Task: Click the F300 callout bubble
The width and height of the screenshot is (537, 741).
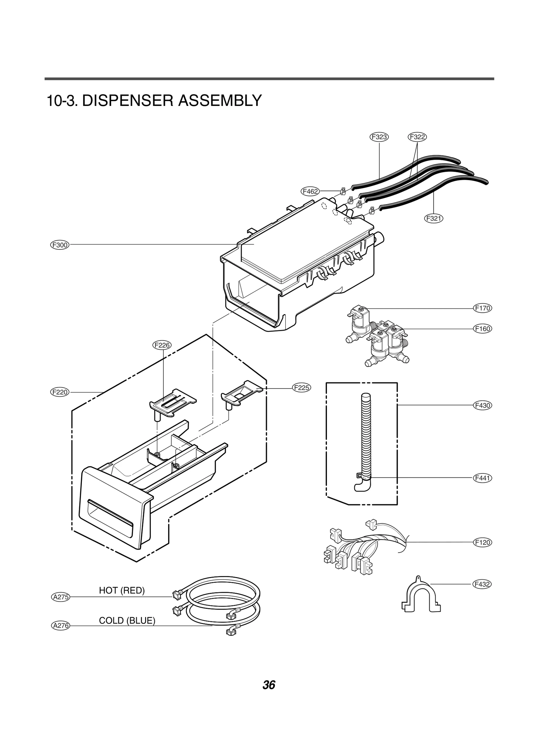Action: point(60,245)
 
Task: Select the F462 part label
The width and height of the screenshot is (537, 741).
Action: point(310,191)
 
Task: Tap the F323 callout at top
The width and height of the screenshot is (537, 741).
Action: point(379,137)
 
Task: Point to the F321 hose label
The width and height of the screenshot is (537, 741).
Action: point(434,218)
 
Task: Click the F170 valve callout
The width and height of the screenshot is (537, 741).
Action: point(483,308)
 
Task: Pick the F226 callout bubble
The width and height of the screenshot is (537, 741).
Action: point(162,345)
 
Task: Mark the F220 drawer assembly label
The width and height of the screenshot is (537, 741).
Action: point(60,392)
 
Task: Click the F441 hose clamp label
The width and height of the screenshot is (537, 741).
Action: point(483,478)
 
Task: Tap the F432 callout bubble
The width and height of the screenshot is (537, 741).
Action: point(482,584)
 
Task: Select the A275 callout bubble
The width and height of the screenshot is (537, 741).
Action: point(61,597)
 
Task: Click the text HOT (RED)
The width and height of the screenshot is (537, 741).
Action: point(121,590)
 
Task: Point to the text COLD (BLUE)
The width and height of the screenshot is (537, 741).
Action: point(127,621)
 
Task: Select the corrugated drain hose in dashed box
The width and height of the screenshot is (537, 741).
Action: point(366,436)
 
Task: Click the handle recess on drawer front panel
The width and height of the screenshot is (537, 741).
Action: point(110,518)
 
